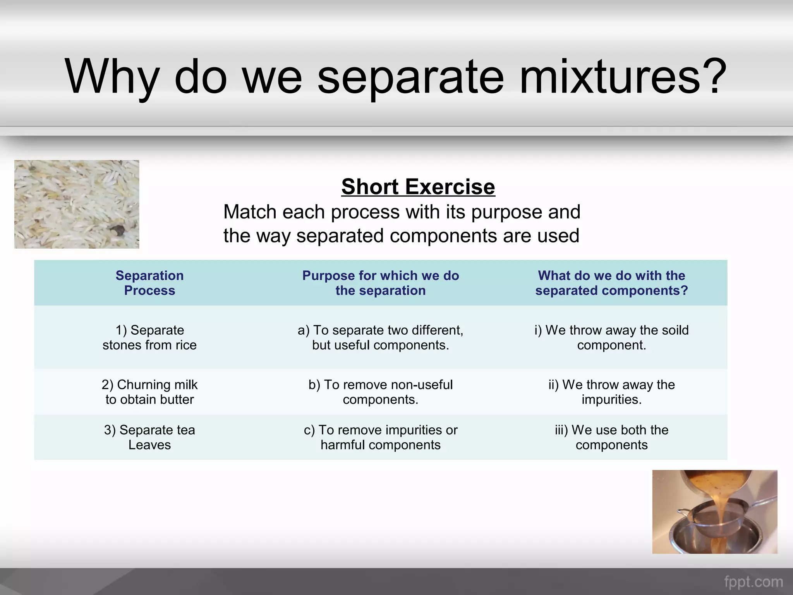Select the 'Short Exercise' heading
418,187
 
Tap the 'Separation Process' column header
149,283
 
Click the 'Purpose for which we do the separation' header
380,283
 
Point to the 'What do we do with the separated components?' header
611,283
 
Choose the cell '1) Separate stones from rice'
149,337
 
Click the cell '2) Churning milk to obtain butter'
149,392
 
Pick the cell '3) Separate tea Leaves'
149,437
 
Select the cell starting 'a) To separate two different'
380,337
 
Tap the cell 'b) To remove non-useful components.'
380,392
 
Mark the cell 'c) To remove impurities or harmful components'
380,437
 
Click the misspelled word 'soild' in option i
674,330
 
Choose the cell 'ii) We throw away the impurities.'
611,392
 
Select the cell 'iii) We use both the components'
611,437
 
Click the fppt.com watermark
754,582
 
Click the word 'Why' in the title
112,77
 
